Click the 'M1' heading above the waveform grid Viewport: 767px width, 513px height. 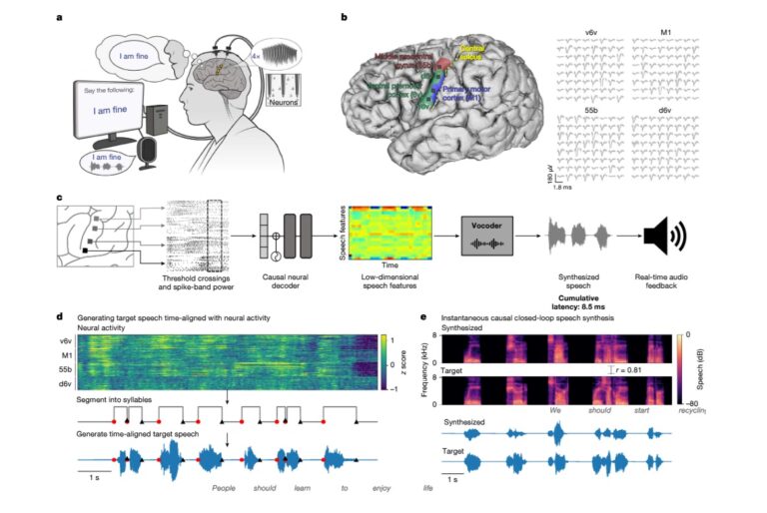pyautogui.click(x=666, y=31)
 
